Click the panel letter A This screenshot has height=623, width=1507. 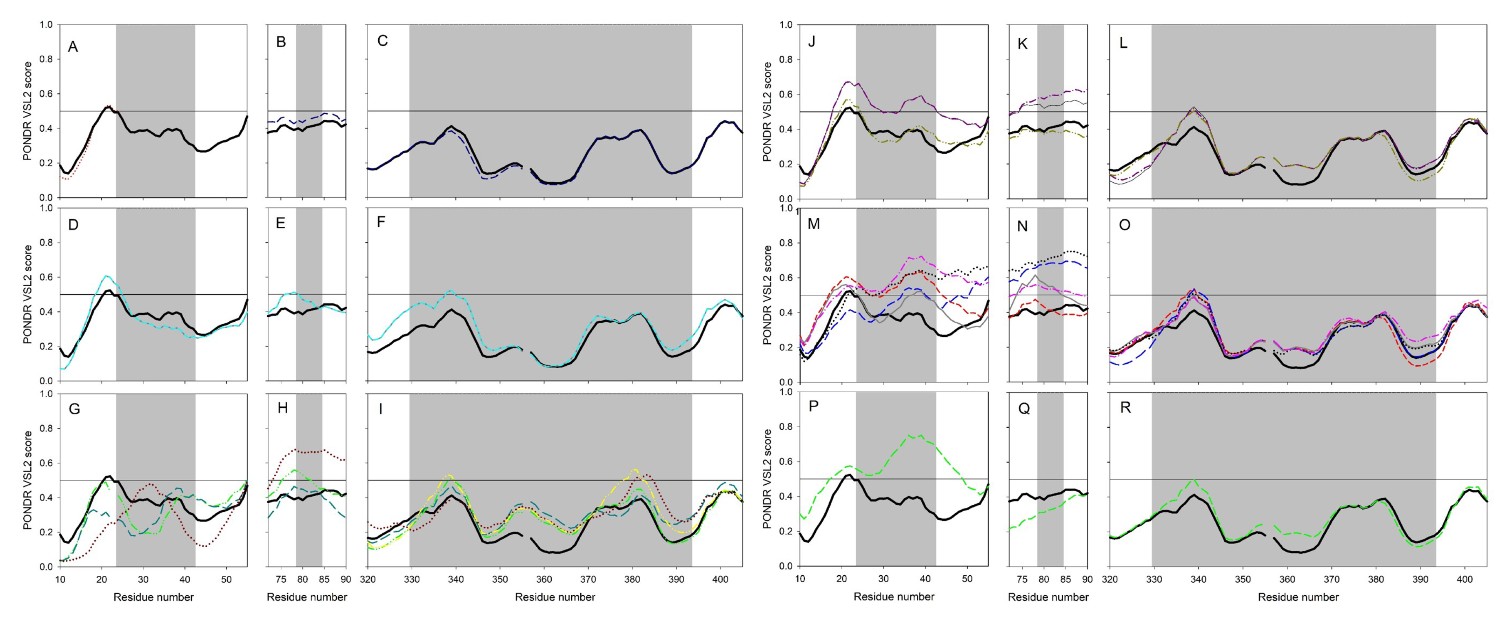[x=73, y=47]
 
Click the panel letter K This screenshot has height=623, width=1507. [x=1023, y=44]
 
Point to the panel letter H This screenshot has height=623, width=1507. [x=282, y=408]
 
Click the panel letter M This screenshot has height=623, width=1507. [x=813, y=224]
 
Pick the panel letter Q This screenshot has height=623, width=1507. [x=1024, y=409]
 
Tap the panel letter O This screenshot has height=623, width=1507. [x=1124, y=225]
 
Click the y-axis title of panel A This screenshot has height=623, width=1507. [x=27, y=111]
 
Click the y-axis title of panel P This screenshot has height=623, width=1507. [x=768, y=479]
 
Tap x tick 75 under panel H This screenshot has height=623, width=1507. [x=281, y=579]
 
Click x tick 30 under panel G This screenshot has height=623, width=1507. [x=143, y=579]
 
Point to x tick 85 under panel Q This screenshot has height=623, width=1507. [x=1066, y=579]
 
